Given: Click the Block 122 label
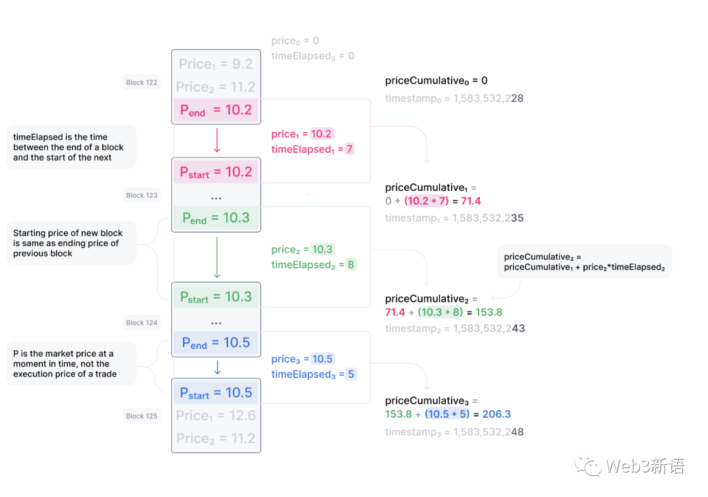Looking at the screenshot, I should click(142, 83).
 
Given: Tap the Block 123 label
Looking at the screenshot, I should click(142, 195).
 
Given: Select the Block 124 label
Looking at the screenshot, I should click(142, 323).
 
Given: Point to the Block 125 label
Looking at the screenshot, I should click(142, 416).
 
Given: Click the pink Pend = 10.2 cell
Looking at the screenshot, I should click(216, 110).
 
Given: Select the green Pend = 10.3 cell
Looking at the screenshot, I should click(216, 218).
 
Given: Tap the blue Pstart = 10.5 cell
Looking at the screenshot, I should click(216, 393).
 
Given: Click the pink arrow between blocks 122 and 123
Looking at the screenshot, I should click(217, 140).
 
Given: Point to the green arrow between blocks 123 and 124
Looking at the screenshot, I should click(217, 257).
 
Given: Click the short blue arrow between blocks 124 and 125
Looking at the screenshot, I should click(217, 367).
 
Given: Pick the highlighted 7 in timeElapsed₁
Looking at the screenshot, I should click(349, 149).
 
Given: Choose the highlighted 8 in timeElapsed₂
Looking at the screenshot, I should click(351, 265).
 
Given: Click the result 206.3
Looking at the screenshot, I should click(496, 414).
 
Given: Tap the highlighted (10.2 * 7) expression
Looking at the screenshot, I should click(426, 201).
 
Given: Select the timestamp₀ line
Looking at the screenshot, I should click(454, 99).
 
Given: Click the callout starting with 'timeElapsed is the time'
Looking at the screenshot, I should click(71, 147).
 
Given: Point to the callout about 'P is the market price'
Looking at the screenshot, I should click(71, 364).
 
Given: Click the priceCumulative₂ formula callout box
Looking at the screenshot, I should click(584, 262).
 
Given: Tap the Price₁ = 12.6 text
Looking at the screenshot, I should click(216, 416).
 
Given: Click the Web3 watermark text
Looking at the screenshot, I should click(645, 467).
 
